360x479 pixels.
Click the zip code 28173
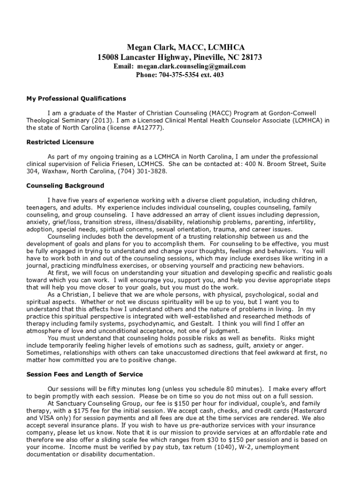(252, 57)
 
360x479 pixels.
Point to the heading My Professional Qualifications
(76, 99)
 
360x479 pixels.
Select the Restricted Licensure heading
(60, 142)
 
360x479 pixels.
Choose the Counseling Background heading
(65, 186)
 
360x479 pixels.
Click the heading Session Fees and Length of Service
(85, 374)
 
